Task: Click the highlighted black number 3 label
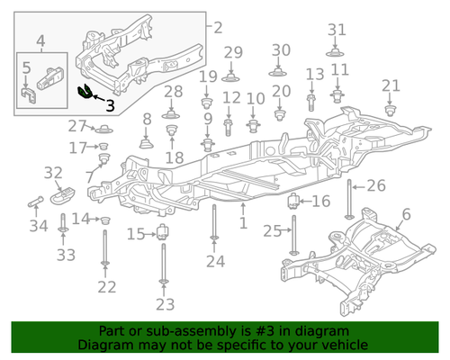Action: pyautogui.click(x=110, y=105)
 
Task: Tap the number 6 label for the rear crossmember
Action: pyautogui.click(x=405, y=214)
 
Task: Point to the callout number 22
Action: pyautogui.click(x=107, y=287)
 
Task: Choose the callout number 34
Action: pyautogui.click(x=38, y=226)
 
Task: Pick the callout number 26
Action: pyautogui.click(x=375, y=186)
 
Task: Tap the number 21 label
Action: pyautogui.click(x=390, y=85)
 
